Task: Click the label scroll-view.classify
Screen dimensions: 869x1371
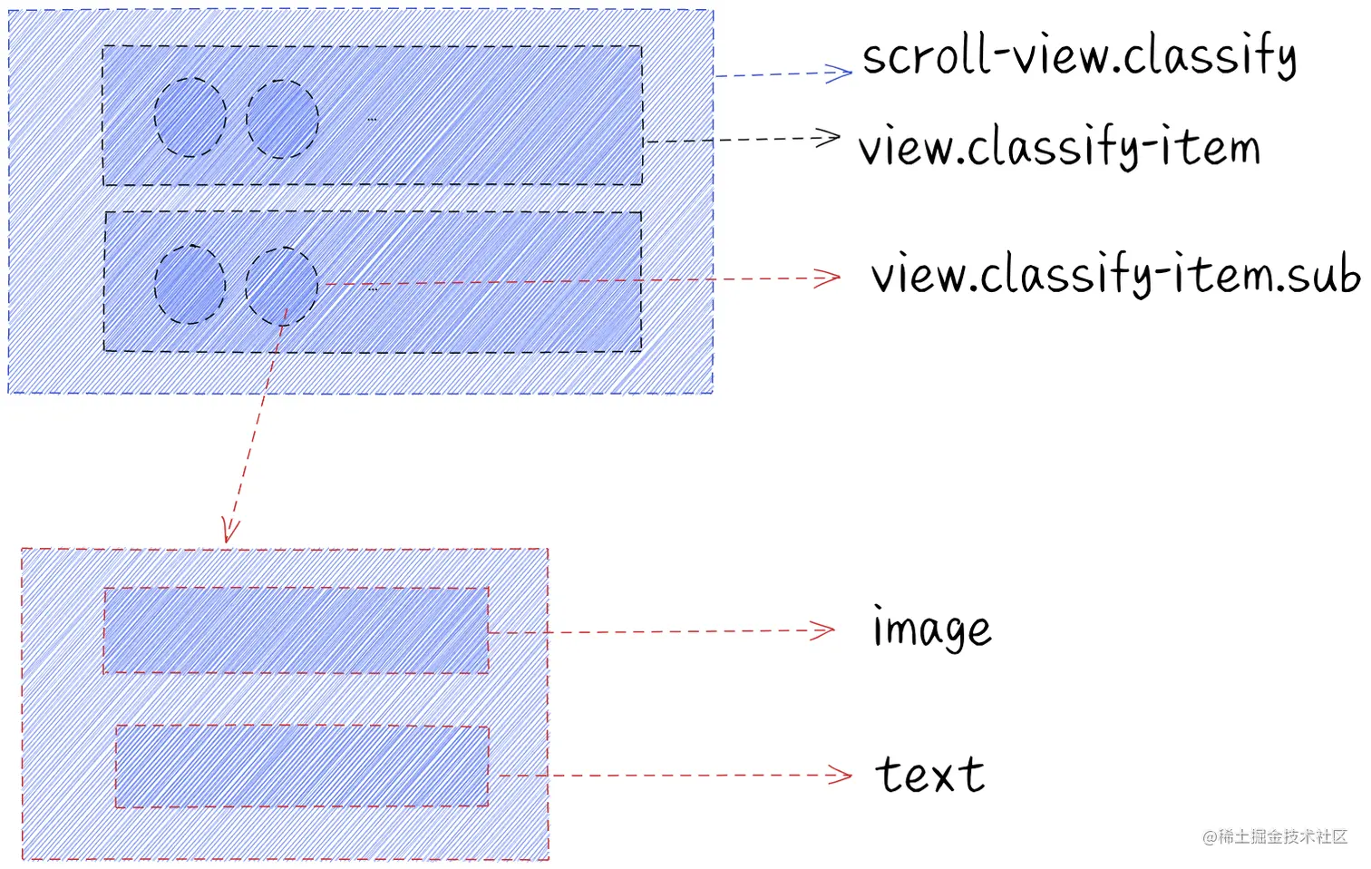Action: coord(1078,56)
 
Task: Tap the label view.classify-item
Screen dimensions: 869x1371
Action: coord(1059,147)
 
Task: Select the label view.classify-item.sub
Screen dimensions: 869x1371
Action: coord(1114,274)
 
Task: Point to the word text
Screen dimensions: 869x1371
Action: coord(929,775)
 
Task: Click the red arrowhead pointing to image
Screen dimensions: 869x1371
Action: coord(823,630)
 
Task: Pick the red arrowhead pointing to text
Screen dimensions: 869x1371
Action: coord(841,775)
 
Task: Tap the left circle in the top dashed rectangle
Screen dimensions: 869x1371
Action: coord(190,117)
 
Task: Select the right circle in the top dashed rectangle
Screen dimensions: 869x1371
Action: coord(282,119)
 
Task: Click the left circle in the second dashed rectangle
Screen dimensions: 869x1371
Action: coord(190,285)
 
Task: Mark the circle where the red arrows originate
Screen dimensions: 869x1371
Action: coord(282,287)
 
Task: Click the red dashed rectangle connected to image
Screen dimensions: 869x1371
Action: coord(296,630)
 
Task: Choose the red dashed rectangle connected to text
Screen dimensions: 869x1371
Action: coord(302,766)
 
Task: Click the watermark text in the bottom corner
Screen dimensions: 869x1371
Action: coord(1275,836)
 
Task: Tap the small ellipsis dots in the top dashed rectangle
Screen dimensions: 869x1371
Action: coord(372,119)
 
